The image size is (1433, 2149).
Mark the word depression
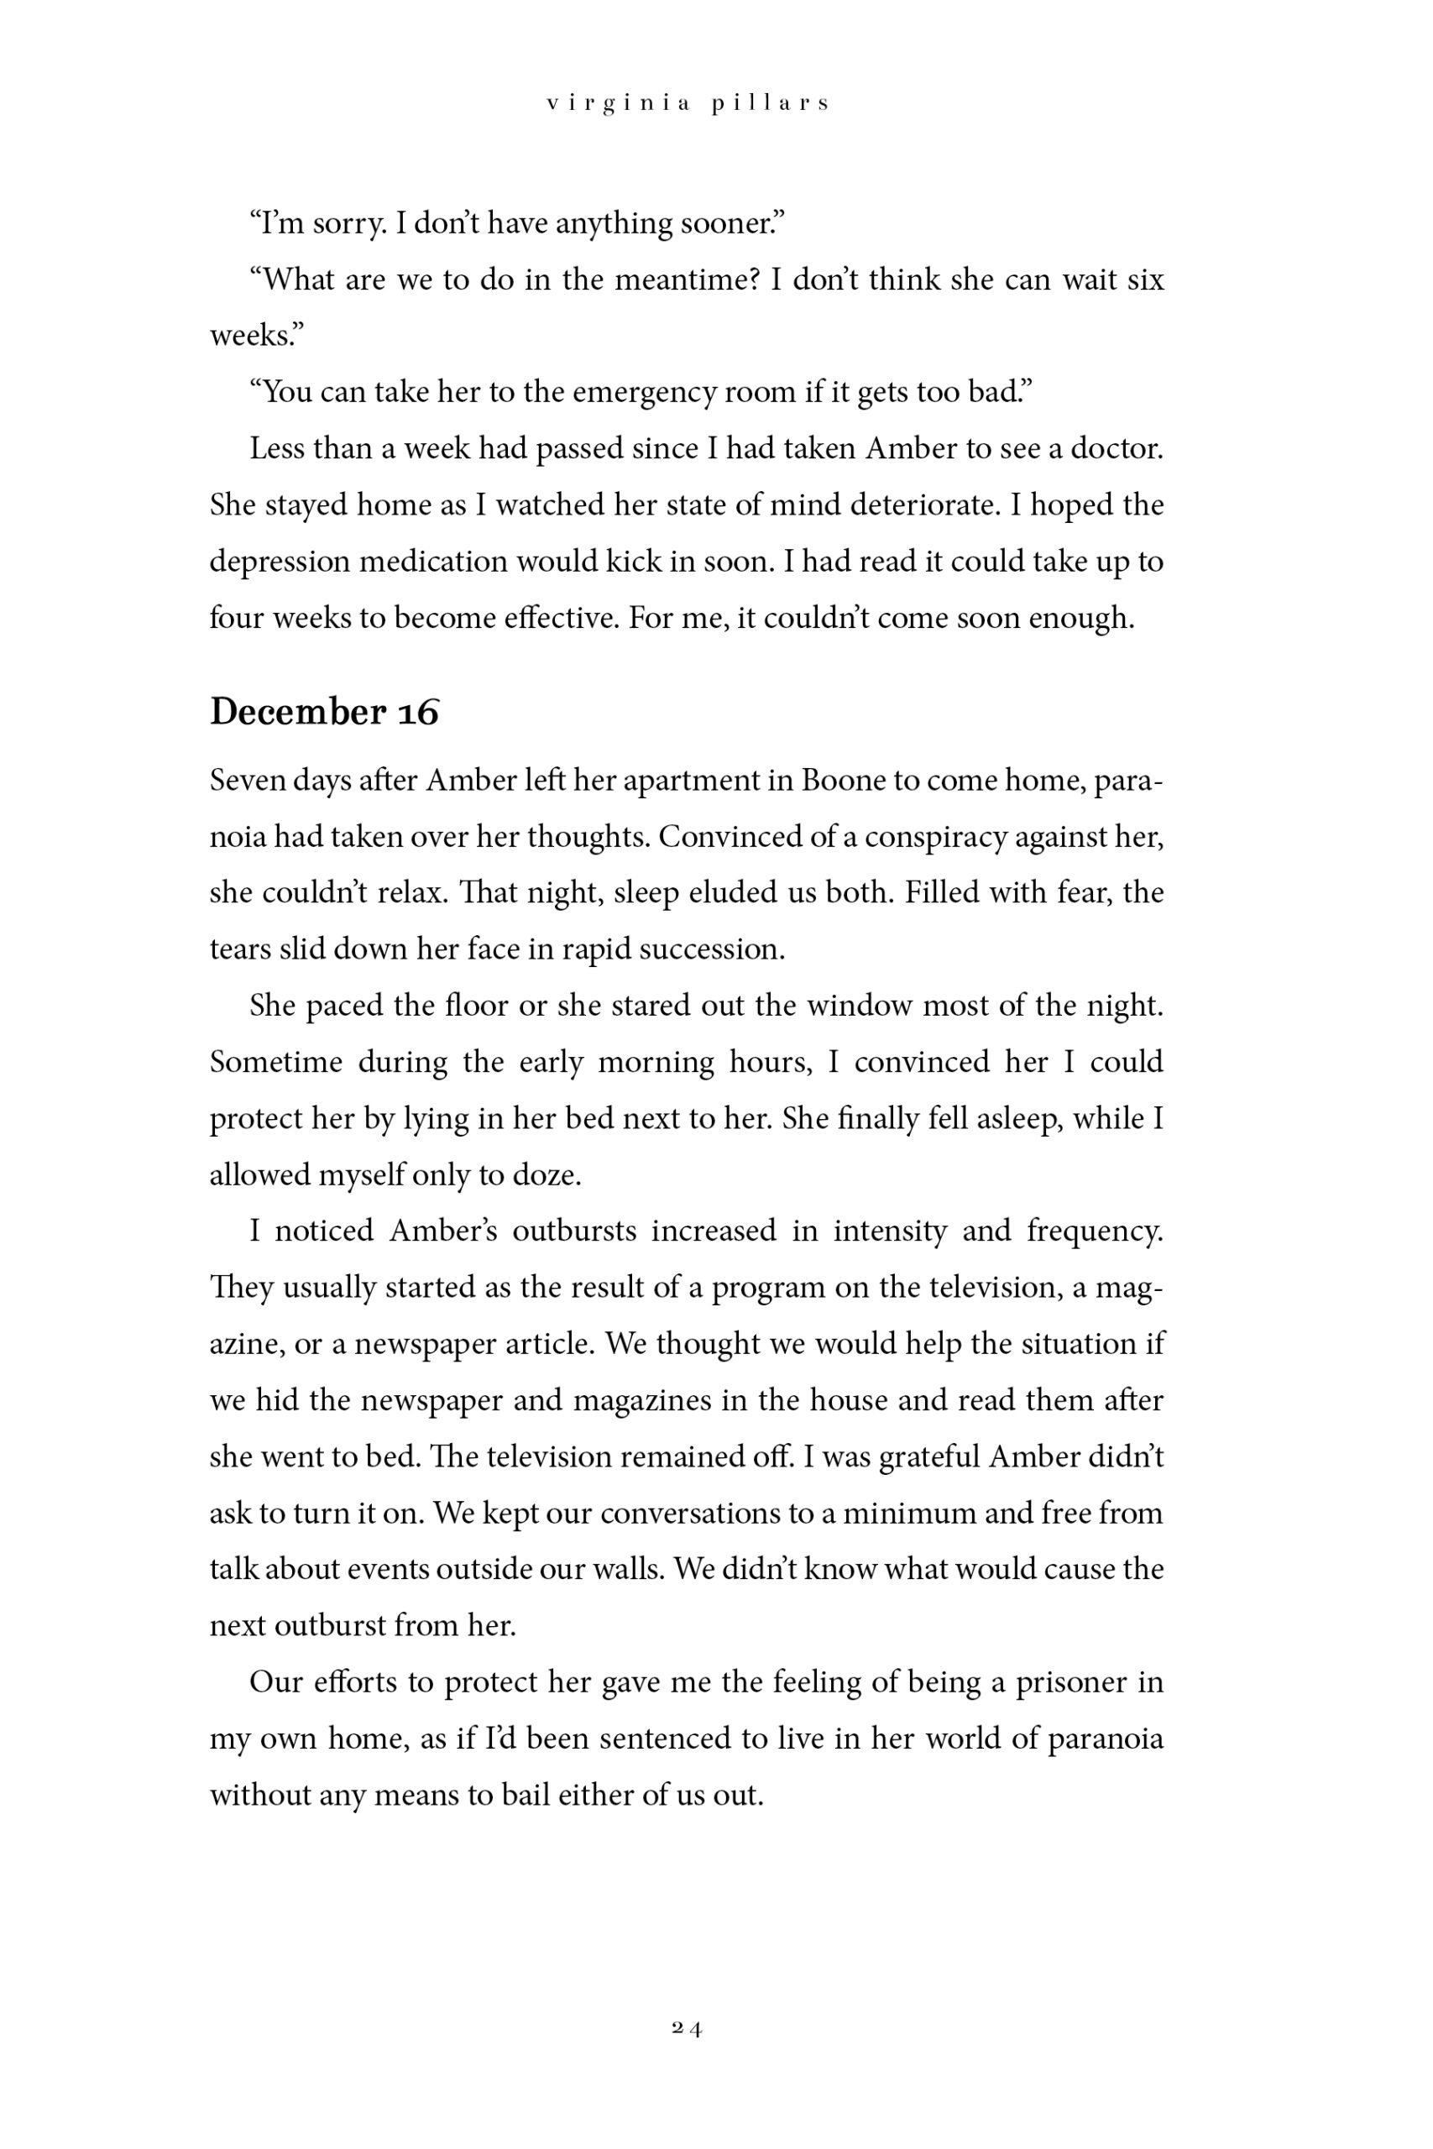point(279,562)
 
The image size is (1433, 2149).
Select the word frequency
point(1094,1231)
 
